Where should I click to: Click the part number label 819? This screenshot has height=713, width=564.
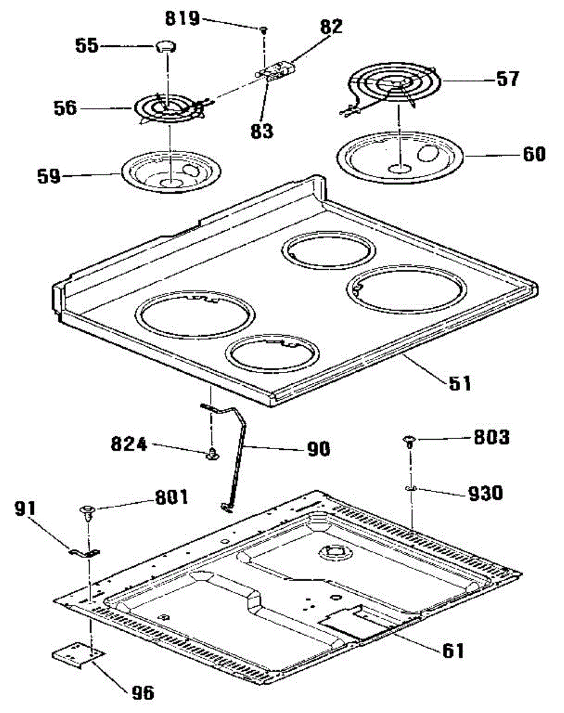(x=182, y=19)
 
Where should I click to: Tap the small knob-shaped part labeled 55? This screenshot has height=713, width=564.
(x=164, y=46)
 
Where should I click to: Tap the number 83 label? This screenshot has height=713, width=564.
(x=261, y=130)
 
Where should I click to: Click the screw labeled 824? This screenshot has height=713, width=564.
(x=211, y=455)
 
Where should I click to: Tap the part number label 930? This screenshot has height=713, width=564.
(x=485, y=493)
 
